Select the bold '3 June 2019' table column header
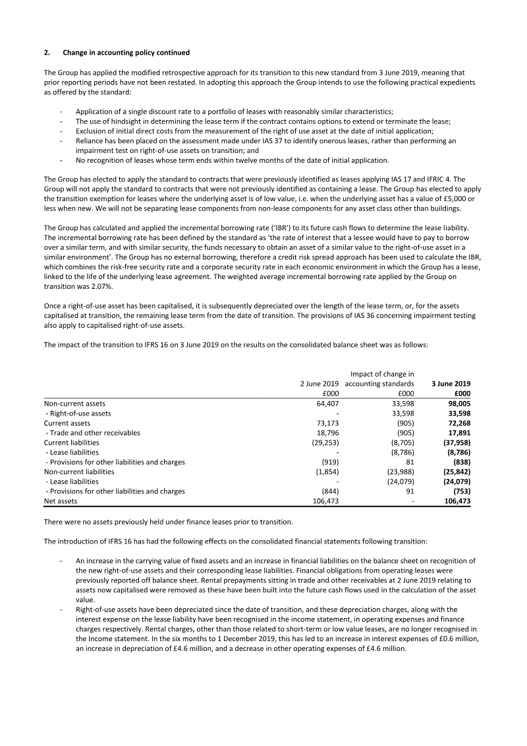coord(451,383)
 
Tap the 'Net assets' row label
coord(60,501)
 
